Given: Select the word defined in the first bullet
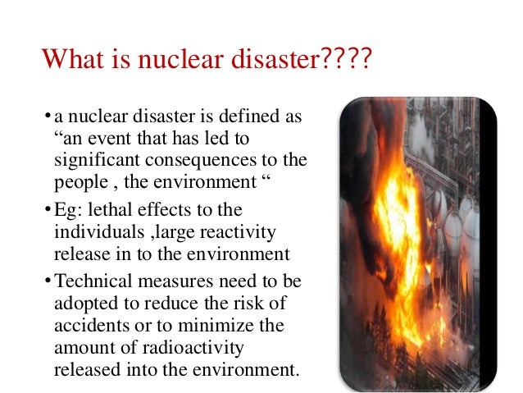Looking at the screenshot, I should (238, 116).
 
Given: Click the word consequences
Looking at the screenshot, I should (202, 158).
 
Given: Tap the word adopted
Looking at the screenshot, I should (83, 303).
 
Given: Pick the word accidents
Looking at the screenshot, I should (88, 324).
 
